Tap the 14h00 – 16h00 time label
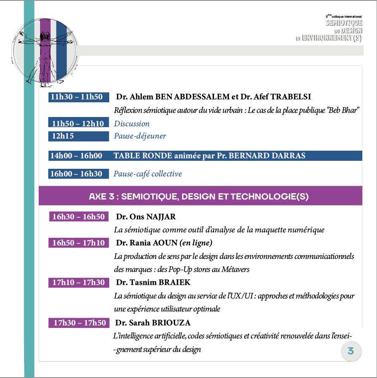[76, 156]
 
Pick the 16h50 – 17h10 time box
[78, 243]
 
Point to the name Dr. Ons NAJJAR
[146, 217]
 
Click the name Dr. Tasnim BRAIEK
[153, 282]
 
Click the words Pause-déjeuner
[140, 136]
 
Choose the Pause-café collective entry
[148, 174]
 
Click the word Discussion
[132, 124]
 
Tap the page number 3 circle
[351, 351]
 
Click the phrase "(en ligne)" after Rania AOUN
[196, 243]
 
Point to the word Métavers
[237, 269]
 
